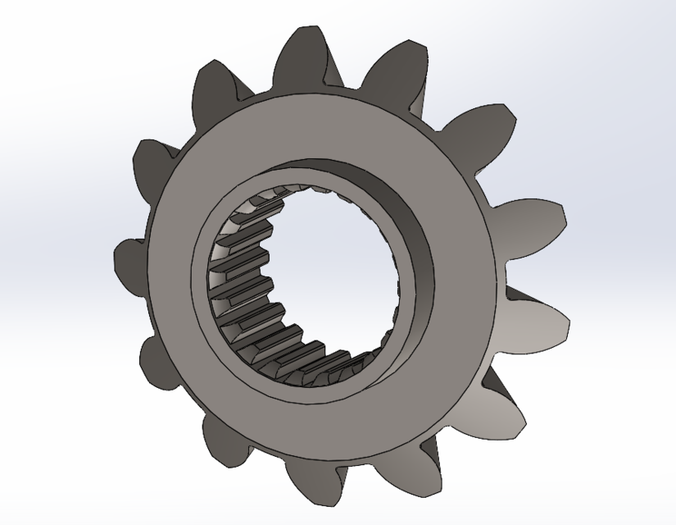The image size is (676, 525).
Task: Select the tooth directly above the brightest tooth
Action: [x=533, y=226]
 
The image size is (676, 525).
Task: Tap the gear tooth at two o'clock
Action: [x=479, y=131]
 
